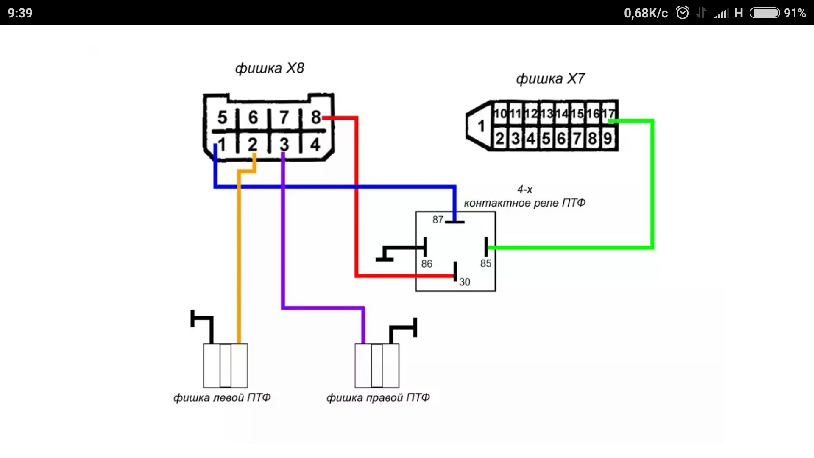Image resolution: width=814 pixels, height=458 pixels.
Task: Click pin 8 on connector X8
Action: (315, 117)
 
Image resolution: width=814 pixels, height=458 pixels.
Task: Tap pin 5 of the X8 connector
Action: (222, 117)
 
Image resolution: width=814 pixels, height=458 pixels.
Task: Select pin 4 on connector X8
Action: (315, 145)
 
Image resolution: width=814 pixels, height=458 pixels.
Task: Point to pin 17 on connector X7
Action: (608, 114)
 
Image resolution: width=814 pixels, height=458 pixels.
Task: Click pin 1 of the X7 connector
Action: (481, 126)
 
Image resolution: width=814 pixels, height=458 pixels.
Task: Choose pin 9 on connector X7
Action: (608, 139)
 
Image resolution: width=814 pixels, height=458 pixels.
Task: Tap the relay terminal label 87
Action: (438, 220)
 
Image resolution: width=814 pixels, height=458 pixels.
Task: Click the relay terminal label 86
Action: (427, 264)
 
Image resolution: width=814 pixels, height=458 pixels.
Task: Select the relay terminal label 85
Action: (486, 263)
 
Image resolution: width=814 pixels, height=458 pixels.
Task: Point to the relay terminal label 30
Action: (465, 282)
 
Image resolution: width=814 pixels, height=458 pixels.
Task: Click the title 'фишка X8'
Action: (270, 68)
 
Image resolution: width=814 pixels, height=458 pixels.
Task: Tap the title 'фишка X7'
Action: (550, 78)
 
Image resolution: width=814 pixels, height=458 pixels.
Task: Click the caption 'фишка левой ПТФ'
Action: (222, 398)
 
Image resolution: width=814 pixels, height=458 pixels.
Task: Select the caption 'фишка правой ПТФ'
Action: (378, 398)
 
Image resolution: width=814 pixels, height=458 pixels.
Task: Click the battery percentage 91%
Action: (795, 13)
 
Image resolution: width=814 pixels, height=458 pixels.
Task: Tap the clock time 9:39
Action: (20, 13)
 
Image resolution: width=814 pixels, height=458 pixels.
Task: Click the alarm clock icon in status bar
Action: (682, 13)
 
